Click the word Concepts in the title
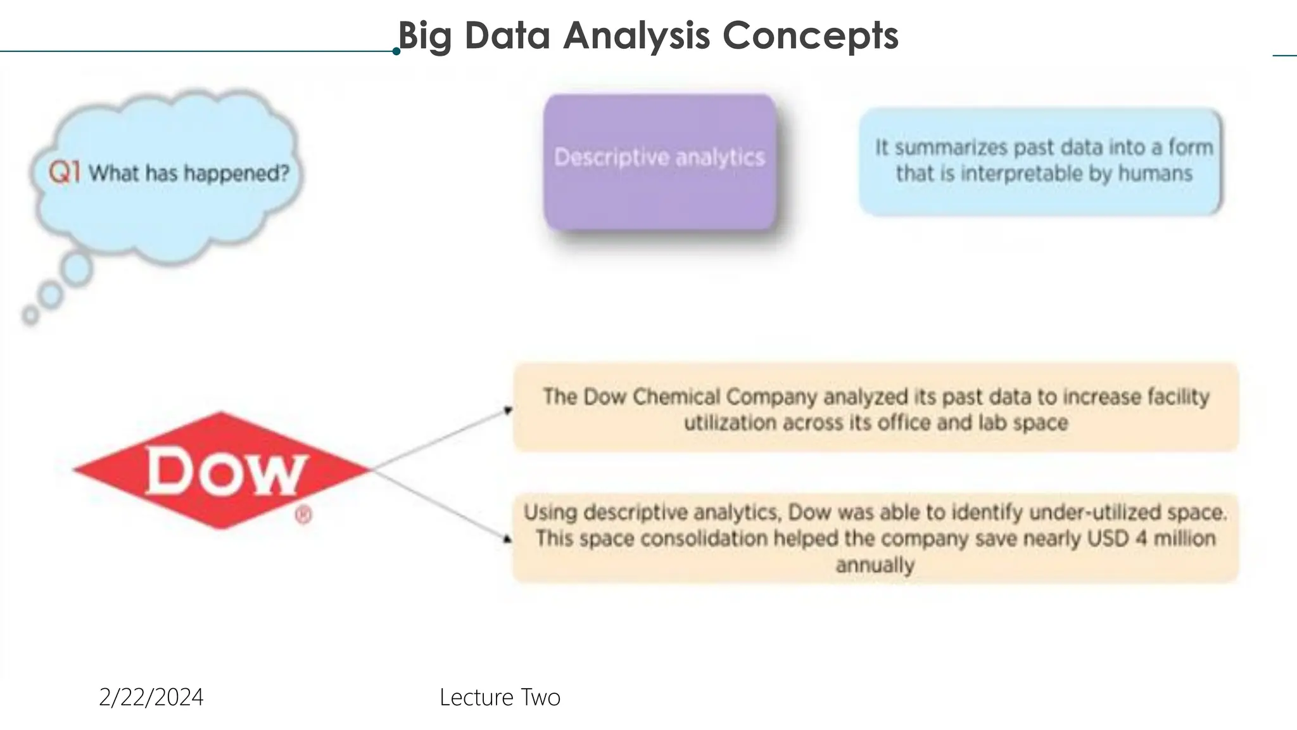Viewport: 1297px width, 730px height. coord(810,35)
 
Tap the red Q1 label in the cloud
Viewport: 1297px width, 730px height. coord(64,172)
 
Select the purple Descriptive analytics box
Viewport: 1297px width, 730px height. coord(659,162)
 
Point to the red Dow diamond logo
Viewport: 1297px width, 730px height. coord(221,470)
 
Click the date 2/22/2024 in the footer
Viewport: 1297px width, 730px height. coord(151,698)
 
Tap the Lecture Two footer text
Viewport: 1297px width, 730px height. coord(500,698)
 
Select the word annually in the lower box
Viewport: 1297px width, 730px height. coord(875,565)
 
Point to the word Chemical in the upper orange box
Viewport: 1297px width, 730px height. coord(676,397)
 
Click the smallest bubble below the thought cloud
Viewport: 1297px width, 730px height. coord(30,314)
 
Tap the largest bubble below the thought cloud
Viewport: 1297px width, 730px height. coord(77,269)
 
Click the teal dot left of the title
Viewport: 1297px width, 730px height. coord(396,51)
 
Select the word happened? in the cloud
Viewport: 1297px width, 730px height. coord(237,173)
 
